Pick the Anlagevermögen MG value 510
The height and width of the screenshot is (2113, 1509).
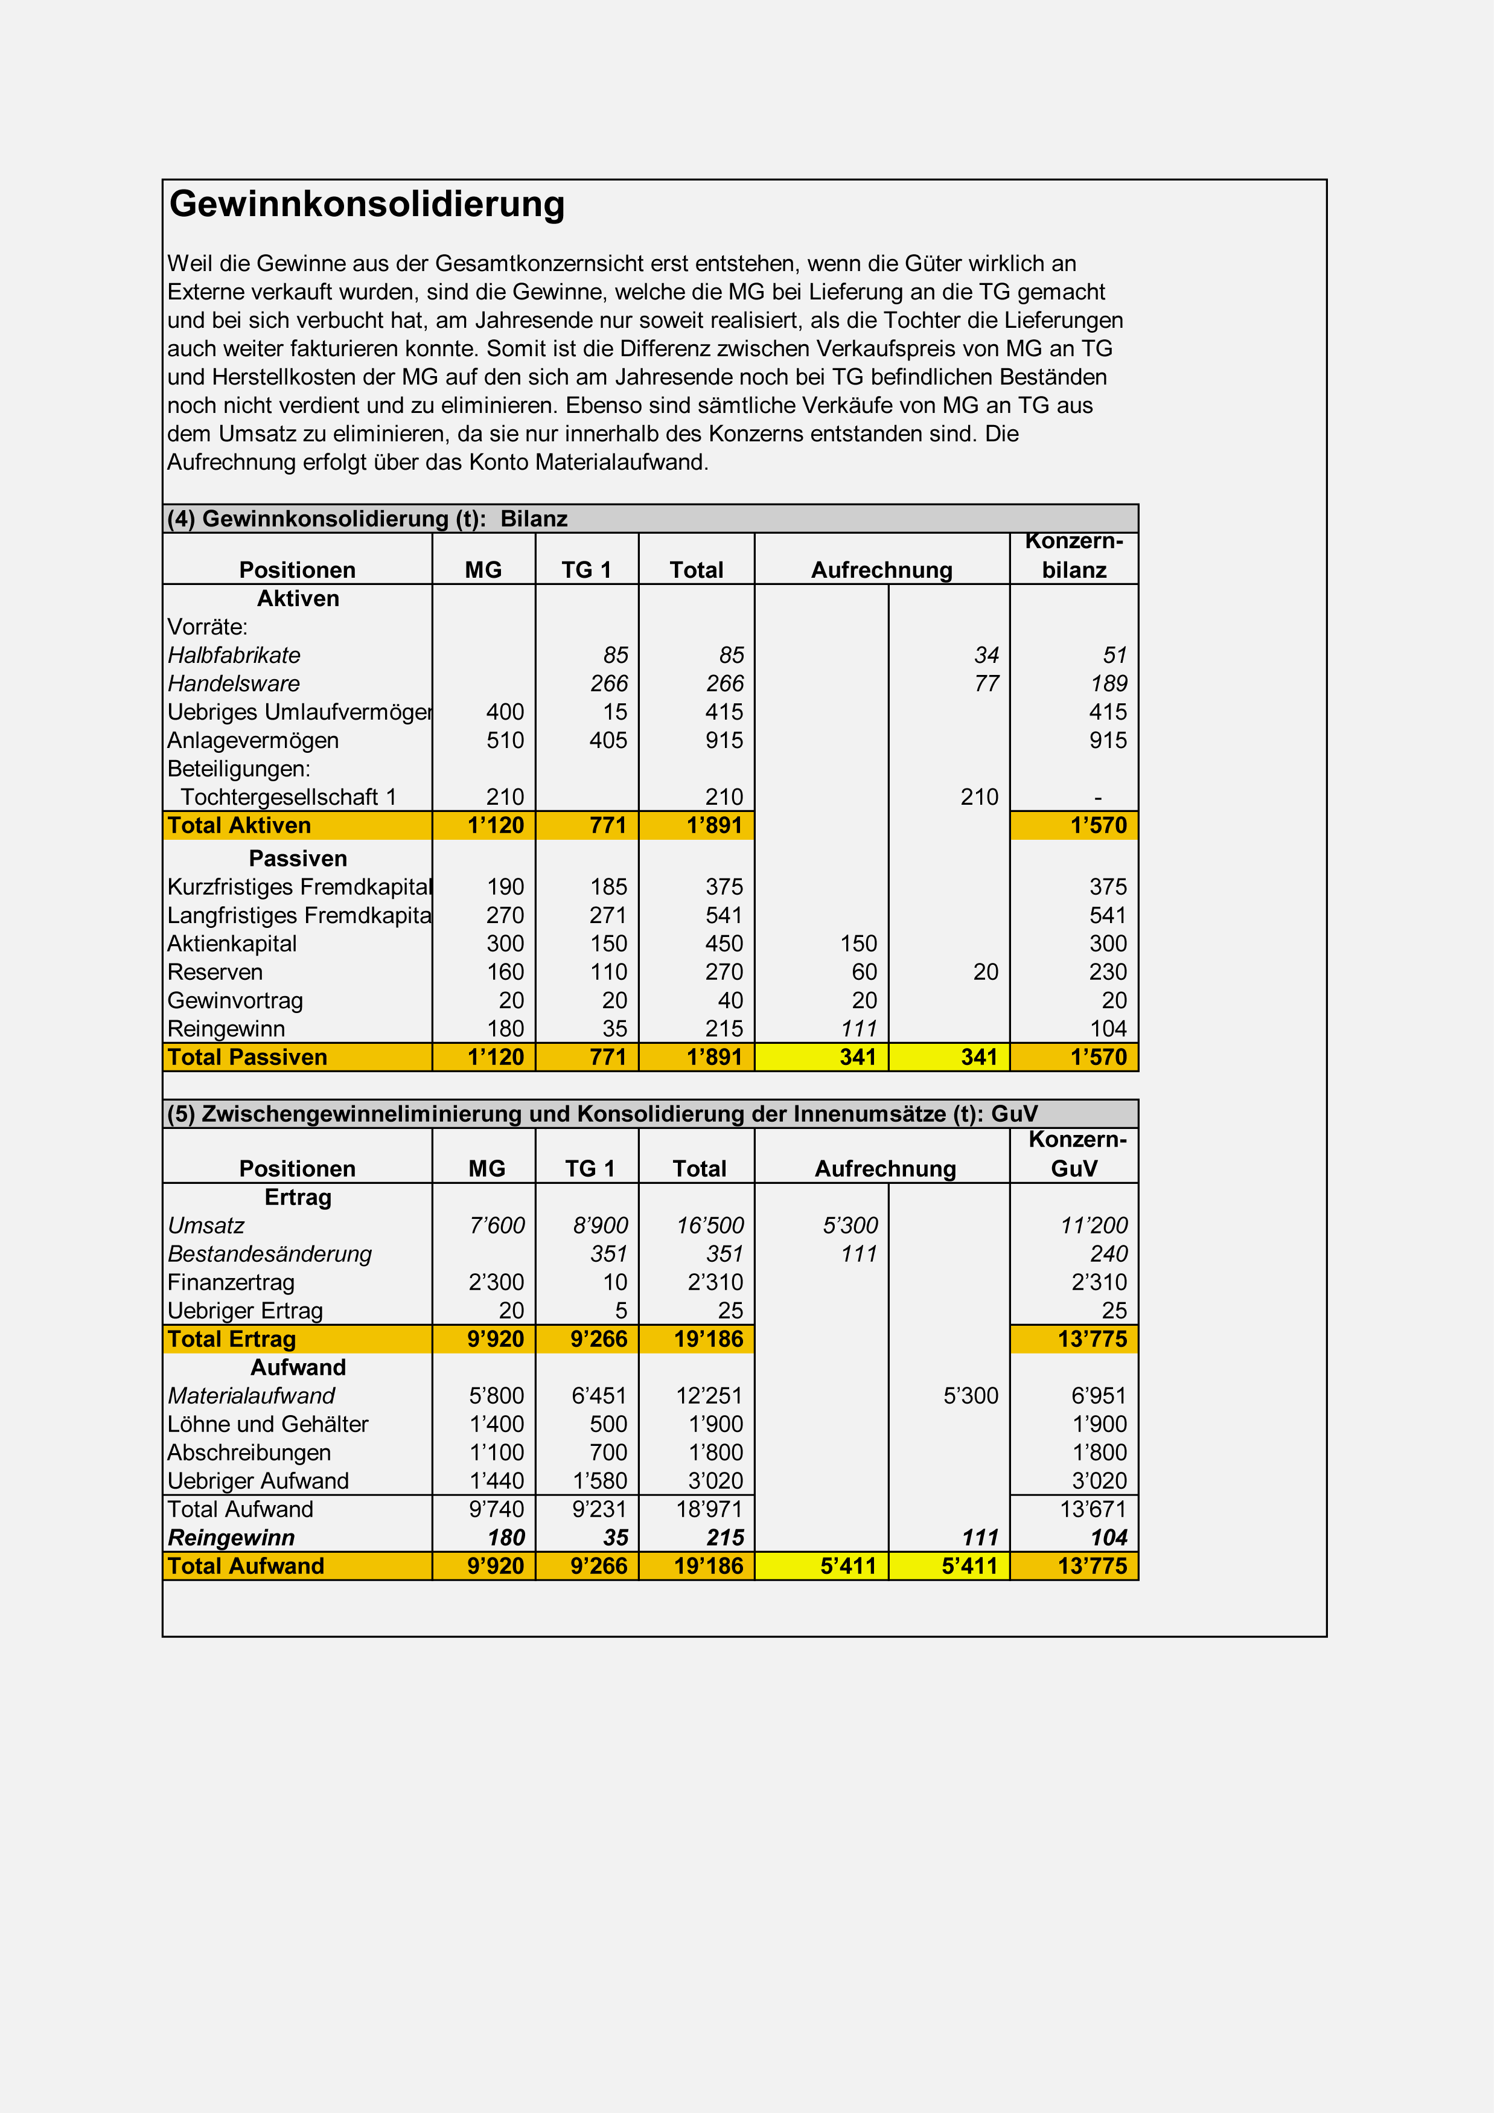(x=510, y=747)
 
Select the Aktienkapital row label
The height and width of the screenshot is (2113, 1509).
(x=234, y=953)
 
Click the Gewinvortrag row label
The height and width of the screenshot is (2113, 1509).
(x=237, y=1010)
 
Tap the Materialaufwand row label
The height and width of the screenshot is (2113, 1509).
(x=254, y=1410)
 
